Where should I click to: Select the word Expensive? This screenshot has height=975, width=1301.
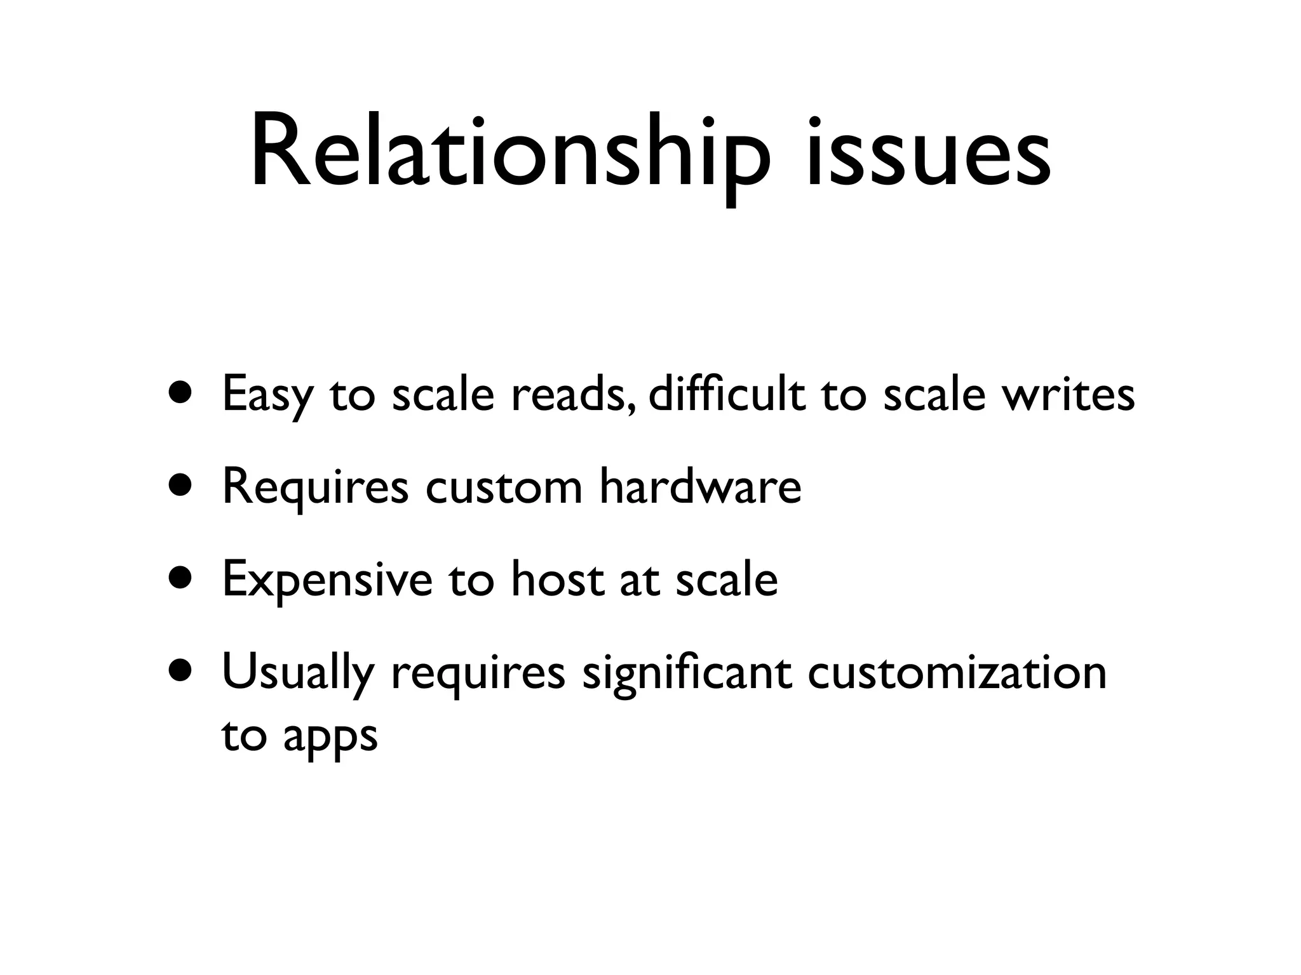click(327, 580)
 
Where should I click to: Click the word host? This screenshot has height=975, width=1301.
click(557, 580)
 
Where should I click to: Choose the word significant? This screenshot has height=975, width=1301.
click(687, 673)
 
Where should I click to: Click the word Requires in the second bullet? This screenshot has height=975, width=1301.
click(315, 487)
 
